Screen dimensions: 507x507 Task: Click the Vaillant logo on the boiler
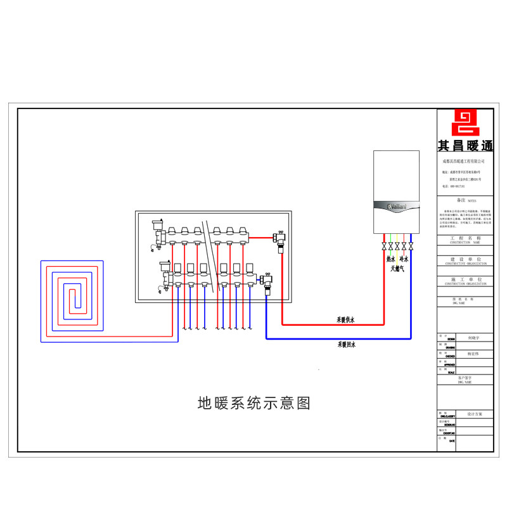coord(396,207)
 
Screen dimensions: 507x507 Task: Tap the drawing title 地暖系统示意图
coord(254,403)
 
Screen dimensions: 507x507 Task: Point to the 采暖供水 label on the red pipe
coord(346,320)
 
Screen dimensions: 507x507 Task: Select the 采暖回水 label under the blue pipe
coord(346,344)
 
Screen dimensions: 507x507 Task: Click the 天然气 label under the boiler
coord(397,269)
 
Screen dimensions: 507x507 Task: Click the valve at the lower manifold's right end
coord(266,279)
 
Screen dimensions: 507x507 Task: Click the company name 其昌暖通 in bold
coord(465,146)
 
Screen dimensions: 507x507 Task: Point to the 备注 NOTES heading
coord(465,200)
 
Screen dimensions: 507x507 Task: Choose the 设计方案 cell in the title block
coord(474,414)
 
